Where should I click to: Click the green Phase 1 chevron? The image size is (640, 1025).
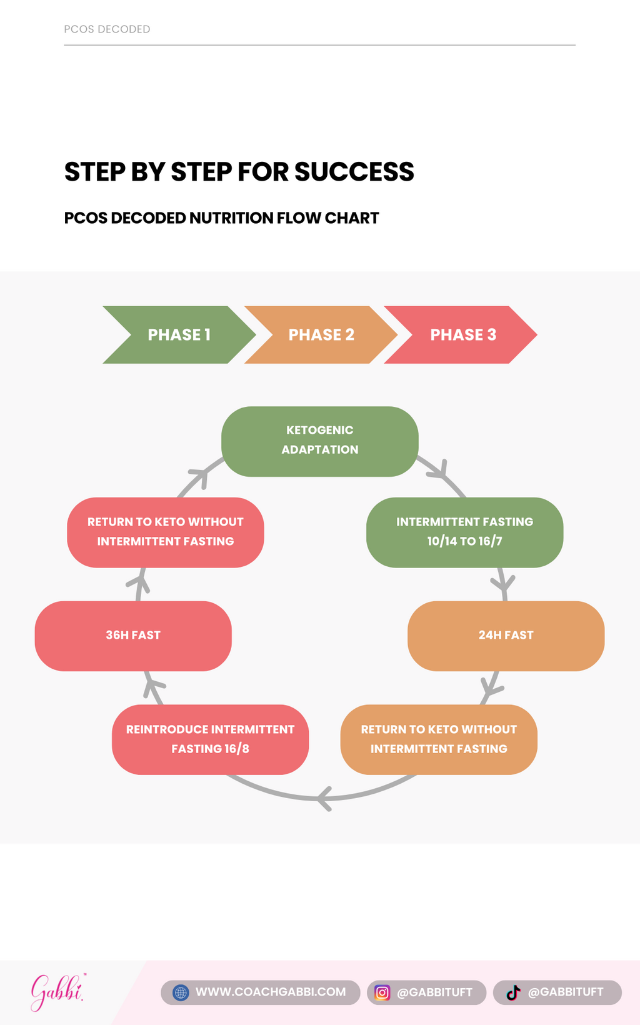(179, 335)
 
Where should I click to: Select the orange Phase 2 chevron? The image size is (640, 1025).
(321, 335)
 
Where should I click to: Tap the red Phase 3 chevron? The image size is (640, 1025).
(462, 335)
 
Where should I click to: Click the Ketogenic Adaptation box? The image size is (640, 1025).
(320, 441)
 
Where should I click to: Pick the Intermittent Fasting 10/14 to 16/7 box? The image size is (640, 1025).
(464, 532)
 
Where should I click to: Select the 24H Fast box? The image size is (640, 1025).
(506, 636)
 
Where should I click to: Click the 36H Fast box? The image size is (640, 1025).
(133, 636)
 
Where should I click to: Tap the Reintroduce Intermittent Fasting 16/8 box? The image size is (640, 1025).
(210, 739)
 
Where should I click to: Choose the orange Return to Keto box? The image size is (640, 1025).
(439, 739)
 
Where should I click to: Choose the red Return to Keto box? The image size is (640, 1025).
(166, 532)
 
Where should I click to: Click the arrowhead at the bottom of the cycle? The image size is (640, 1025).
(324, 798)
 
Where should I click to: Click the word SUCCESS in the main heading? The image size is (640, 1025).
(354, 172)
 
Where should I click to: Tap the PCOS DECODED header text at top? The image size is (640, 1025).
(107, 29)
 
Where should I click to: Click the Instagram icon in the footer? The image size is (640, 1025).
(382, 992)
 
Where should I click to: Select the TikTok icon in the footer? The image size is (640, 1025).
(513, 992)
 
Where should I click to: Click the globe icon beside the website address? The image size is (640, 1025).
(181, 992)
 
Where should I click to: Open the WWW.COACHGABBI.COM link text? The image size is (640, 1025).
(271, 992)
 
